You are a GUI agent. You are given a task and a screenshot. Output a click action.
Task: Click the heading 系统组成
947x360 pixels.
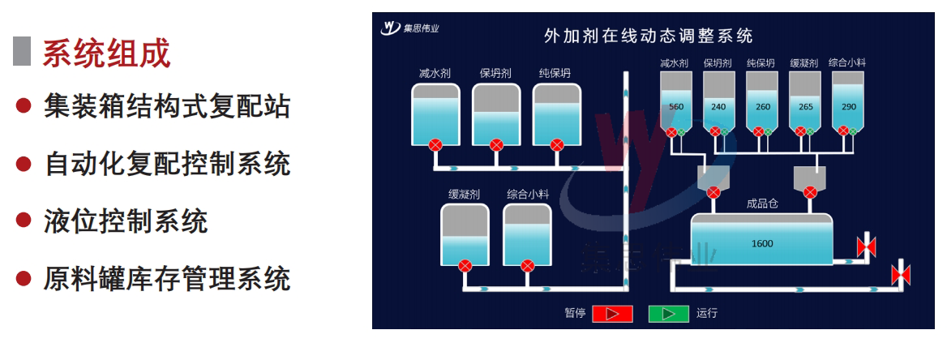tap(106, 54)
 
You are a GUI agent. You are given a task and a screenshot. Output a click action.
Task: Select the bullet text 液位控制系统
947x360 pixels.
tap(126, 221)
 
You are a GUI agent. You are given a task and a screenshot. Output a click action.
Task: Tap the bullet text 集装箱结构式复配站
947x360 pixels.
tap(166, 106)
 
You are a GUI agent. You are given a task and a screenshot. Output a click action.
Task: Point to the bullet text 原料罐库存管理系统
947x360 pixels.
tap(166, 280)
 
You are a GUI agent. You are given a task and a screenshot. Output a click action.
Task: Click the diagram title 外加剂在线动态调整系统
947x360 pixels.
tap(648, 36)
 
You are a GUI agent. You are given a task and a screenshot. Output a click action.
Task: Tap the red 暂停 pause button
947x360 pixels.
tap(611, 313)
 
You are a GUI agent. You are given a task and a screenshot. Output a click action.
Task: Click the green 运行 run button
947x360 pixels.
tap(669, 313)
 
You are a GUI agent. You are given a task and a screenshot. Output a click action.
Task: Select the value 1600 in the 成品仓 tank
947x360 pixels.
tap(762, 243)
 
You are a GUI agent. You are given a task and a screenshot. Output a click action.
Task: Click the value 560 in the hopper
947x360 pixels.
tap(676, 107)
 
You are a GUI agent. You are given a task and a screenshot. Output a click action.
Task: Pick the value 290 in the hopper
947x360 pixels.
tap(848, 107)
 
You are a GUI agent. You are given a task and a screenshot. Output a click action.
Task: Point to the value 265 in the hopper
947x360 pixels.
tap(805, 107)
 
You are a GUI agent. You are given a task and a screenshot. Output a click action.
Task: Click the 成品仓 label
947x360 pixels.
tap(762, 204)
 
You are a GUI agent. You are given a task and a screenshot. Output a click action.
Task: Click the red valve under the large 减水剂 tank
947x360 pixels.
tap(435, 146)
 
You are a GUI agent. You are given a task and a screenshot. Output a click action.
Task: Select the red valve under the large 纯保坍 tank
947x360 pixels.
tap(556, 146)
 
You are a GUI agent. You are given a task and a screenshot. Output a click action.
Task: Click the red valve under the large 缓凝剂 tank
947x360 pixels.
tap(465, 265)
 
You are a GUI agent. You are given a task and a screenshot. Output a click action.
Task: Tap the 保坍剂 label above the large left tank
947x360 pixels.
tap(495, 73)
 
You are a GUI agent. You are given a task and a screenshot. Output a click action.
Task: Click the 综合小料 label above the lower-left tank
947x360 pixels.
tap(528, 194)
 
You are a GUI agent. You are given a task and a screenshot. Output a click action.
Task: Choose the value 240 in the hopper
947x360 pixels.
tap(718, 107)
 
